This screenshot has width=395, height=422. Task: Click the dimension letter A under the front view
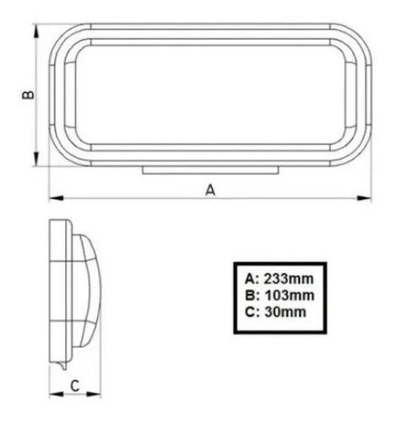click(210, 190)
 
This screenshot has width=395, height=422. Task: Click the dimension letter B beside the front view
click(28, 95)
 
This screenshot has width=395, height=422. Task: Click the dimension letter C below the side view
click(74, 386)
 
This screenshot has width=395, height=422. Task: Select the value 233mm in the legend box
click(289, 279)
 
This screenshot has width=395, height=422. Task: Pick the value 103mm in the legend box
click(289, 295)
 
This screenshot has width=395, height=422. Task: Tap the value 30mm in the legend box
click(285, 312)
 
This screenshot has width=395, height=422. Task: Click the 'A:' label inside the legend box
click(252, 279)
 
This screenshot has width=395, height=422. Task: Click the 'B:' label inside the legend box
click(252, 295)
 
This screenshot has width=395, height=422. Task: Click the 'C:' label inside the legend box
click(252, 312)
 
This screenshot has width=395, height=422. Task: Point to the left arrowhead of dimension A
click(56, 198)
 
